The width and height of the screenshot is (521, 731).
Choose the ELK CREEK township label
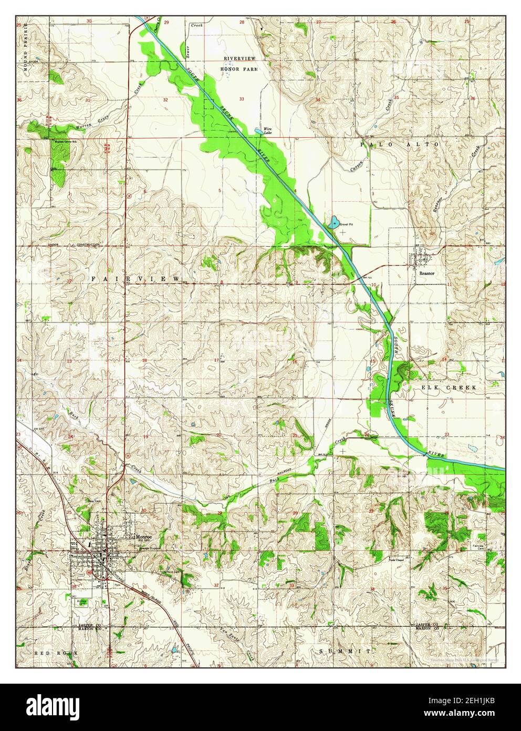pyautogui.click(x=448, y=387)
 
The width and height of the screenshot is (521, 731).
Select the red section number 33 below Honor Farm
pyautogui.click(x=242, y=99)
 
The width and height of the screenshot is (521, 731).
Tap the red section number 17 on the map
pyautogui.click(x=217, y=360)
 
